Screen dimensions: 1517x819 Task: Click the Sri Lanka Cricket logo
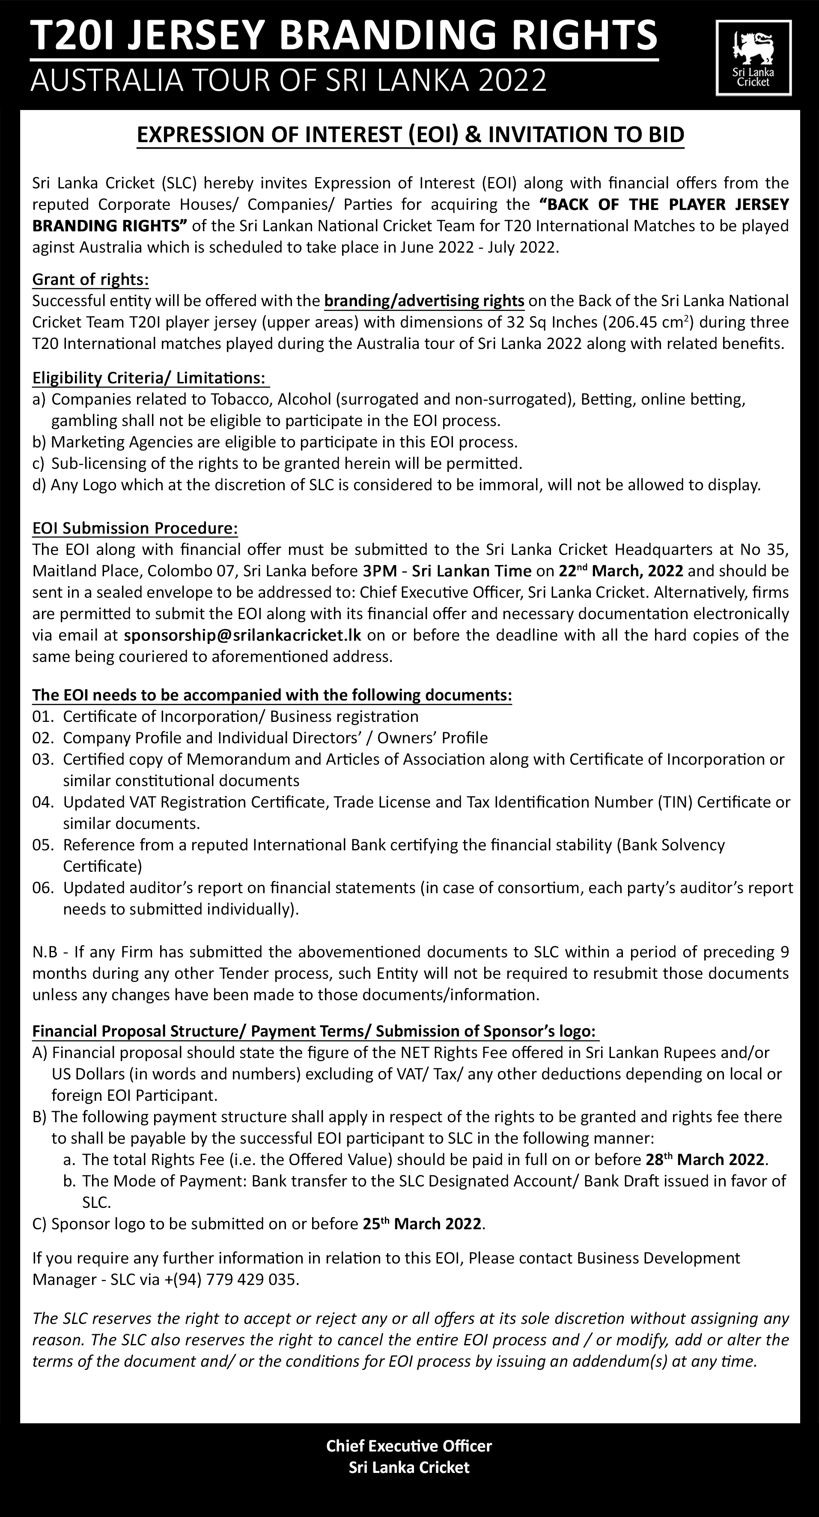[x=753, y=57]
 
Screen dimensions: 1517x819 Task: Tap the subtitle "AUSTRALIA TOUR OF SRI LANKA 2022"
[x=289, y=80]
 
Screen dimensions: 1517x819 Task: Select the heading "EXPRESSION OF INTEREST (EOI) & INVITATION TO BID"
[x=411, y=135]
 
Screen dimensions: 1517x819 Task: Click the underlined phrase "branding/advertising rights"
[x=424, y=301]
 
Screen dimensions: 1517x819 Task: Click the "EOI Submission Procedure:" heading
[x=135, y=528]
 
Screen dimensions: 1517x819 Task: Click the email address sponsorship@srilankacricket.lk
[x=243, y=635]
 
